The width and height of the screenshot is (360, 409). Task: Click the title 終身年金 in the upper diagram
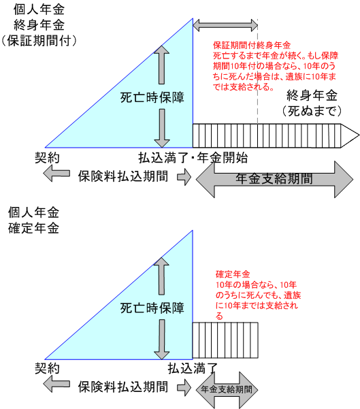(x=39, y=25)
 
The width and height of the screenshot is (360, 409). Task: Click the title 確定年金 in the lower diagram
(x=33, y=228)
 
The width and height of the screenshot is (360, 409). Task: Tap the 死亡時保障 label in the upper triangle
(x=152, y=97)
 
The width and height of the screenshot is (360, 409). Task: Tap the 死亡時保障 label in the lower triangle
(x=152, y=308)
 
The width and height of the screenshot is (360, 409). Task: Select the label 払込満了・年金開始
(x=193, y=158)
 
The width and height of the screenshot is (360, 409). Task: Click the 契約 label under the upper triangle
(x=47, y=158)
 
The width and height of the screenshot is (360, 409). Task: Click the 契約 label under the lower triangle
(x=47, y=369)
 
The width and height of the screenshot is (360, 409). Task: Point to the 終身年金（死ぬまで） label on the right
(x=312, y=103)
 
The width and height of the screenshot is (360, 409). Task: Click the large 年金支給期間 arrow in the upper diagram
(x=274, y=179)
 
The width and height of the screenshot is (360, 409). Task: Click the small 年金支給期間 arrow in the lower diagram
(x=227, y=390)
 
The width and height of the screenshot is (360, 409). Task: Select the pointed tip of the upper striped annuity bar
(x=359, y=135)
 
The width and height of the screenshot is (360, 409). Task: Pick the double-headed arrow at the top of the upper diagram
(x=225, y=25)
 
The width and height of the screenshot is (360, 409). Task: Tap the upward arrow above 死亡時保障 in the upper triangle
(x=161, y=65)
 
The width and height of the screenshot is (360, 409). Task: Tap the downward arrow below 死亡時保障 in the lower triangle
(x=162, y=340)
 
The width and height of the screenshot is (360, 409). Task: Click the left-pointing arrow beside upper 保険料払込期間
(x=56, y=174)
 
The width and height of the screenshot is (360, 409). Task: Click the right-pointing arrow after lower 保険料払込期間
(x=184, y=387)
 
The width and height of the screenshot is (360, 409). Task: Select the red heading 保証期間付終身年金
(x=252, y=46)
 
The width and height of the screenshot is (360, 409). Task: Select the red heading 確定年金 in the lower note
(x=233, y=274)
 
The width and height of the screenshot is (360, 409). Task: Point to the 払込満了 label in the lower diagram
(x=193, y=369)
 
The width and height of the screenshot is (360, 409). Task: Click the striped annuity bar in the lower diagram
(x=225, y=340)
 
